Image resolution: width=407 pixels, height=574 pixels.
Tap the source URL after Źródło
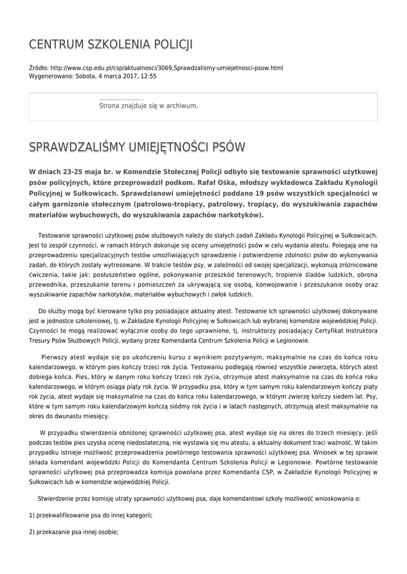pos(159,68)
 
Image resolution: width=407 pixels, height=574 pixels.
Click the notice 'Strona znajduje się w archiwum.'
pos(148,105)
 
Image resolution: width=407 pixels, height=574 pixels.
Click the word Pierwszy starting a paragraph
pos(59,357)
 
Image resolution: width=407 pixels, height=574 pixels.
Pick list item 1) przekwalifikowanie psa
pos(90,515)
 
